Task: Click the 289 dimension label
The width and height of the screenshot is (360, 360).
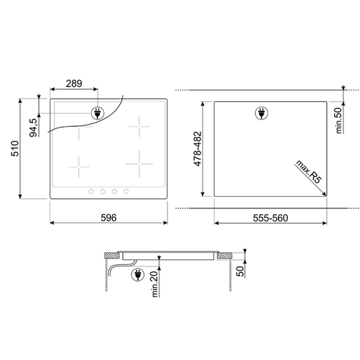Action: (x=74, y=83)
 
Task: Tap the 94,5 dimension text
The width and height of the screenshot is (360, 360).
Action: (x=33, y=127)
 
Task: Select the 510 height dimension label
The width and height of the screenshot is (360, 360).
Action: (x=15, y=148)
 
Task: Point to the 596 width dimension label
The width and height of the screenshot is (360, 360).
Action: (x=108, y=218)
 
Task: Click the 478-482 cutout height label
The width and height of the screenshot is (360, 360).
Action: (x=198, y=148)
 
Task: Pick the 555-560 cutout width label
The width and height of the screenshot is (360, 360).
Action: (x=270, y=218)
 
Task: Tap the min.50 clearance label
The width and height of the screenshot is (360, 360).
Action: (x=338, y=120)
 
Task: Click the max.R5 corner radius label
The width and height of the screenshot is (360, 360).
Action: (x=309, y=171)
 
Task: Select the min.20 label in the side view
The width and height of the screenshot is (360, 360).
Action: (x=155, y=284)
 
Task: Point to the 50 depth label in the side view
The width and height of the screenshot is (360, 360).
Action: (x=240, y=271)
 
